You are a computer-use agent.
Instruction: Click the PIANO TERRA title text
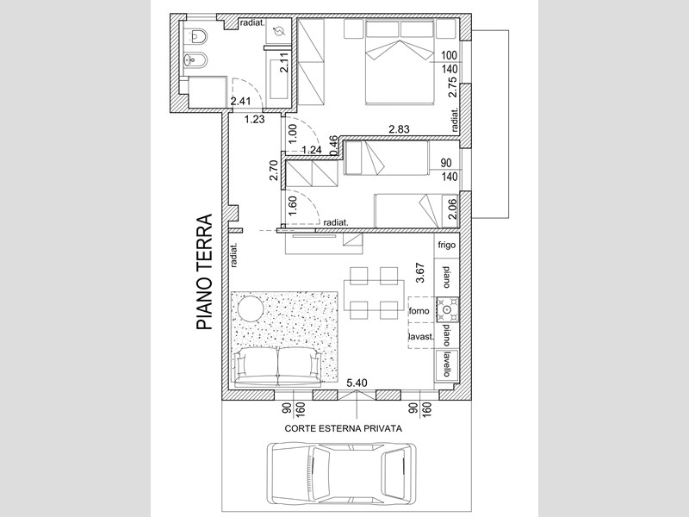point(204,272)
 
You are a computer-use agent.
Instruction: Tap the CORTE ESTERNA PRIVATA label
point(343,428)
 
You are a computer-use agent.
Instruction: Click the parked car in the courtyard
point(342,468)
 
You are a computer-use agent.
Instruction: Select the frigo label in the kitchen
point(446,245)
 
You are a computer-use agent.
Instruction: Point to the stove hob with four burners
point(447,309)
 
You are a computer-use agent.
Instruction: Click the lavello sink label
point(446,364)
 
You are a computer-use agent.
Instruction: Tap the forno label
point(419,311)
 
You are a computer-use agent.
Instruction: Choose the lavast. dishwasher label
point(421,337)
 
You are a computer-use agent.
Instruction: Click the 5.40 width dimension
point(357,383)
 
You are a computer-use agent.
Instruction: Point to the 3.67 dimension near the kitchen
point(419,272)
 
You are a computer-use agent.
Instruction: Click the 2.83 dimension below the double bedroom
point(399,128)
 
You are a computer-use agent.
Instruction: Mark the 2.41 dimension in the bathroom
point(241,101)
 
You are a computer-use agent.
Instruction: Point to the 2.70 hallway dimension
point(273,170)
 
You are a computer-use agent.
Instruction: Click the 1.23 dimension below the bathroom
point(254,119)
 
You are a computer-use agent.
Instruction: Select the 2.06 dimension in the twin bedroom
point(451,209)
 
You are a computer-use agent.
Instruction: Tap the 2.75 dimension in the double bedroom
point(452,88)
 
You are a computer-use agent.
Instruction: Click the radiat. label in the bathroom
point(252,23)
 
